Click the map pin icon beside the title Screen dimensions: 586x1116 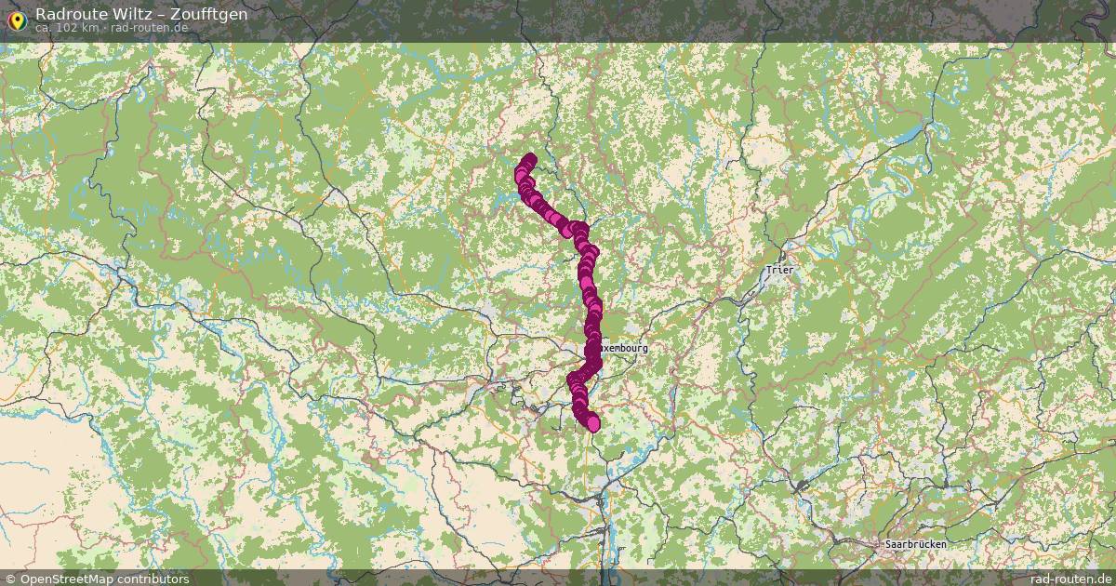tap(16, 19)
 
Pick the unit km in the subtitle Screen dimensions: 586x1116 tap(90, 28)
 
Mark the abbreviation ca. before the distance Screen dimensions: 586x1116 tap(45, 28)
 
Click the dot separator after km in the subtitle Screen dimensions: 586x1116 tap(104, 28)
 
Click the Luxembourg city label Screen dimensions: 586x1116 tap(621, 348)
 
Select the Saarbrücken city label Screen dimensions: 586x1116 tap(916, 543)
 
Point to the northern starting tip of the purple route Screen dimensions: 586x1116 tap(530, 159)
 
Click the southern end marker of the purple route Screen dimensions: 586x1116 tap(593, 425)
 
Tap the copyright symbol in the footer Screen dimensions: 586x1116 tap(10, 579)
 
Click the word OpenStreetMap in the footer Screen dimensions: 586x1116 tap(70, 579)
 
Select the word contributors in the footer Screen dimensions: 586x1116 tap(156, 579)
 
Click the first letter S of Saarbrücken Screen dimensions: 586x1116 tap(887, 543)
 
